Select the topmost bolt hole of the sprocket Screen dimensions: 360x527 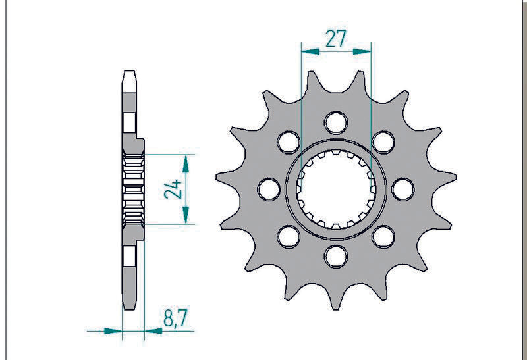pos(336,122)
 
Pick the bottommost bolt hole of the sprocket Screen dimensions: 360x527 pos(336,254)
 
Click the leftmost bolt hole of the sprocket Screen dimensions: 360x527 pos(269,189)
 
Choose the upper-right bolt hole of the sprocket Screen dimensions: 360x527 pos(383,141)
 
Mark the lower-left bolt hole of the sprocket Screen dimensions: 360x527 pos(289,235)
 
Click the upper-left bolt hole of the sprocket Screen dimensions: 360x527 pos(289,141)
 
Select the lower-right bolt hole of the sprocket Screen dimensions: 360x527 pos(383,235)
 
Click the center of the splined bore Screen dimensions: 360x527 pos(336,189)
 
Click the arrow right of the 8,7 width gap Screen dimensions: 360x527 pos(152,330)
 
